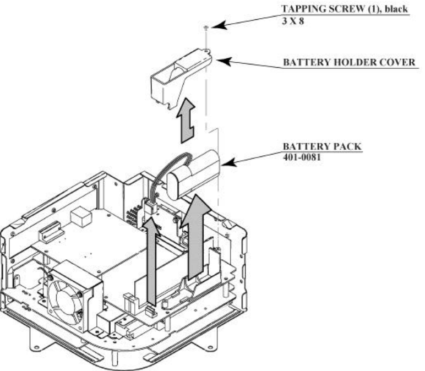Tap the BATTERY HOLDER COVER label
click(348, 62)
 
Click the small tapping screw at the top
click(205, 26)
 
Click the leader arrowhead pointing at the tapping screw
click(216, 25)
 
